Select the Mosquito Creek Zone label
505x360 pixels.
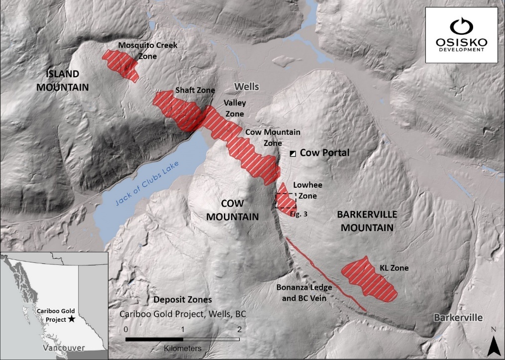147,51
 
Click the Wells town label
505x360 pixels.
247,87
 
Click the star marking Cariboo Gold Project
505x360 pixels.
73,319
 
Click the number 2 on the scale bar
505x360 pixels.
240,329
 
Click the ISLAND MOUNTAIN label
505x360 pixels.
67,81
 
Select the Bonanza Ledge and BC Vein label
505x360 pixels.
304,292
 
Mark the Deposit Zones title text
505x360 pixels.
183,300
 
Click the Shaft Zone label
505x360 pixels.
195,91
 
